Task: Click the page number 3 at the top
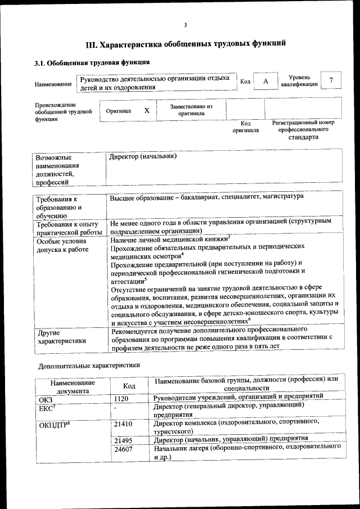point(184,24)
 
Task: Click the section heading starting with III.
point(186,43)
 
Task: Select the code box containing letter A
point(266,82)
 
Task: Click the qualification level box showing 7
point(331,81)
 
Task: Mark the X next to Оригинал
point(147,111)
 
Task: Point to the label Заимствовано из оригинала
point(191,110)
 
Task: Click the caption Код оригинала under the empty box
point(246,127)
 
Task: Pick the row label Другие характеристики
point(61,336)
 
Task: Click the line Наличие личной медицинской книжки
point(169,238)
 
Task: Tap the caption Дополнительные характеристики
point(89,366)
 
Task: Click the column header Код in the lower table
point(129,386)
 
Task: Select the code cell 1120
point(121,399)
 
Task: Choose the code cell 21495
point(123,439)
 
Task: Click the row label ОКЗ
point(46,399)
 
